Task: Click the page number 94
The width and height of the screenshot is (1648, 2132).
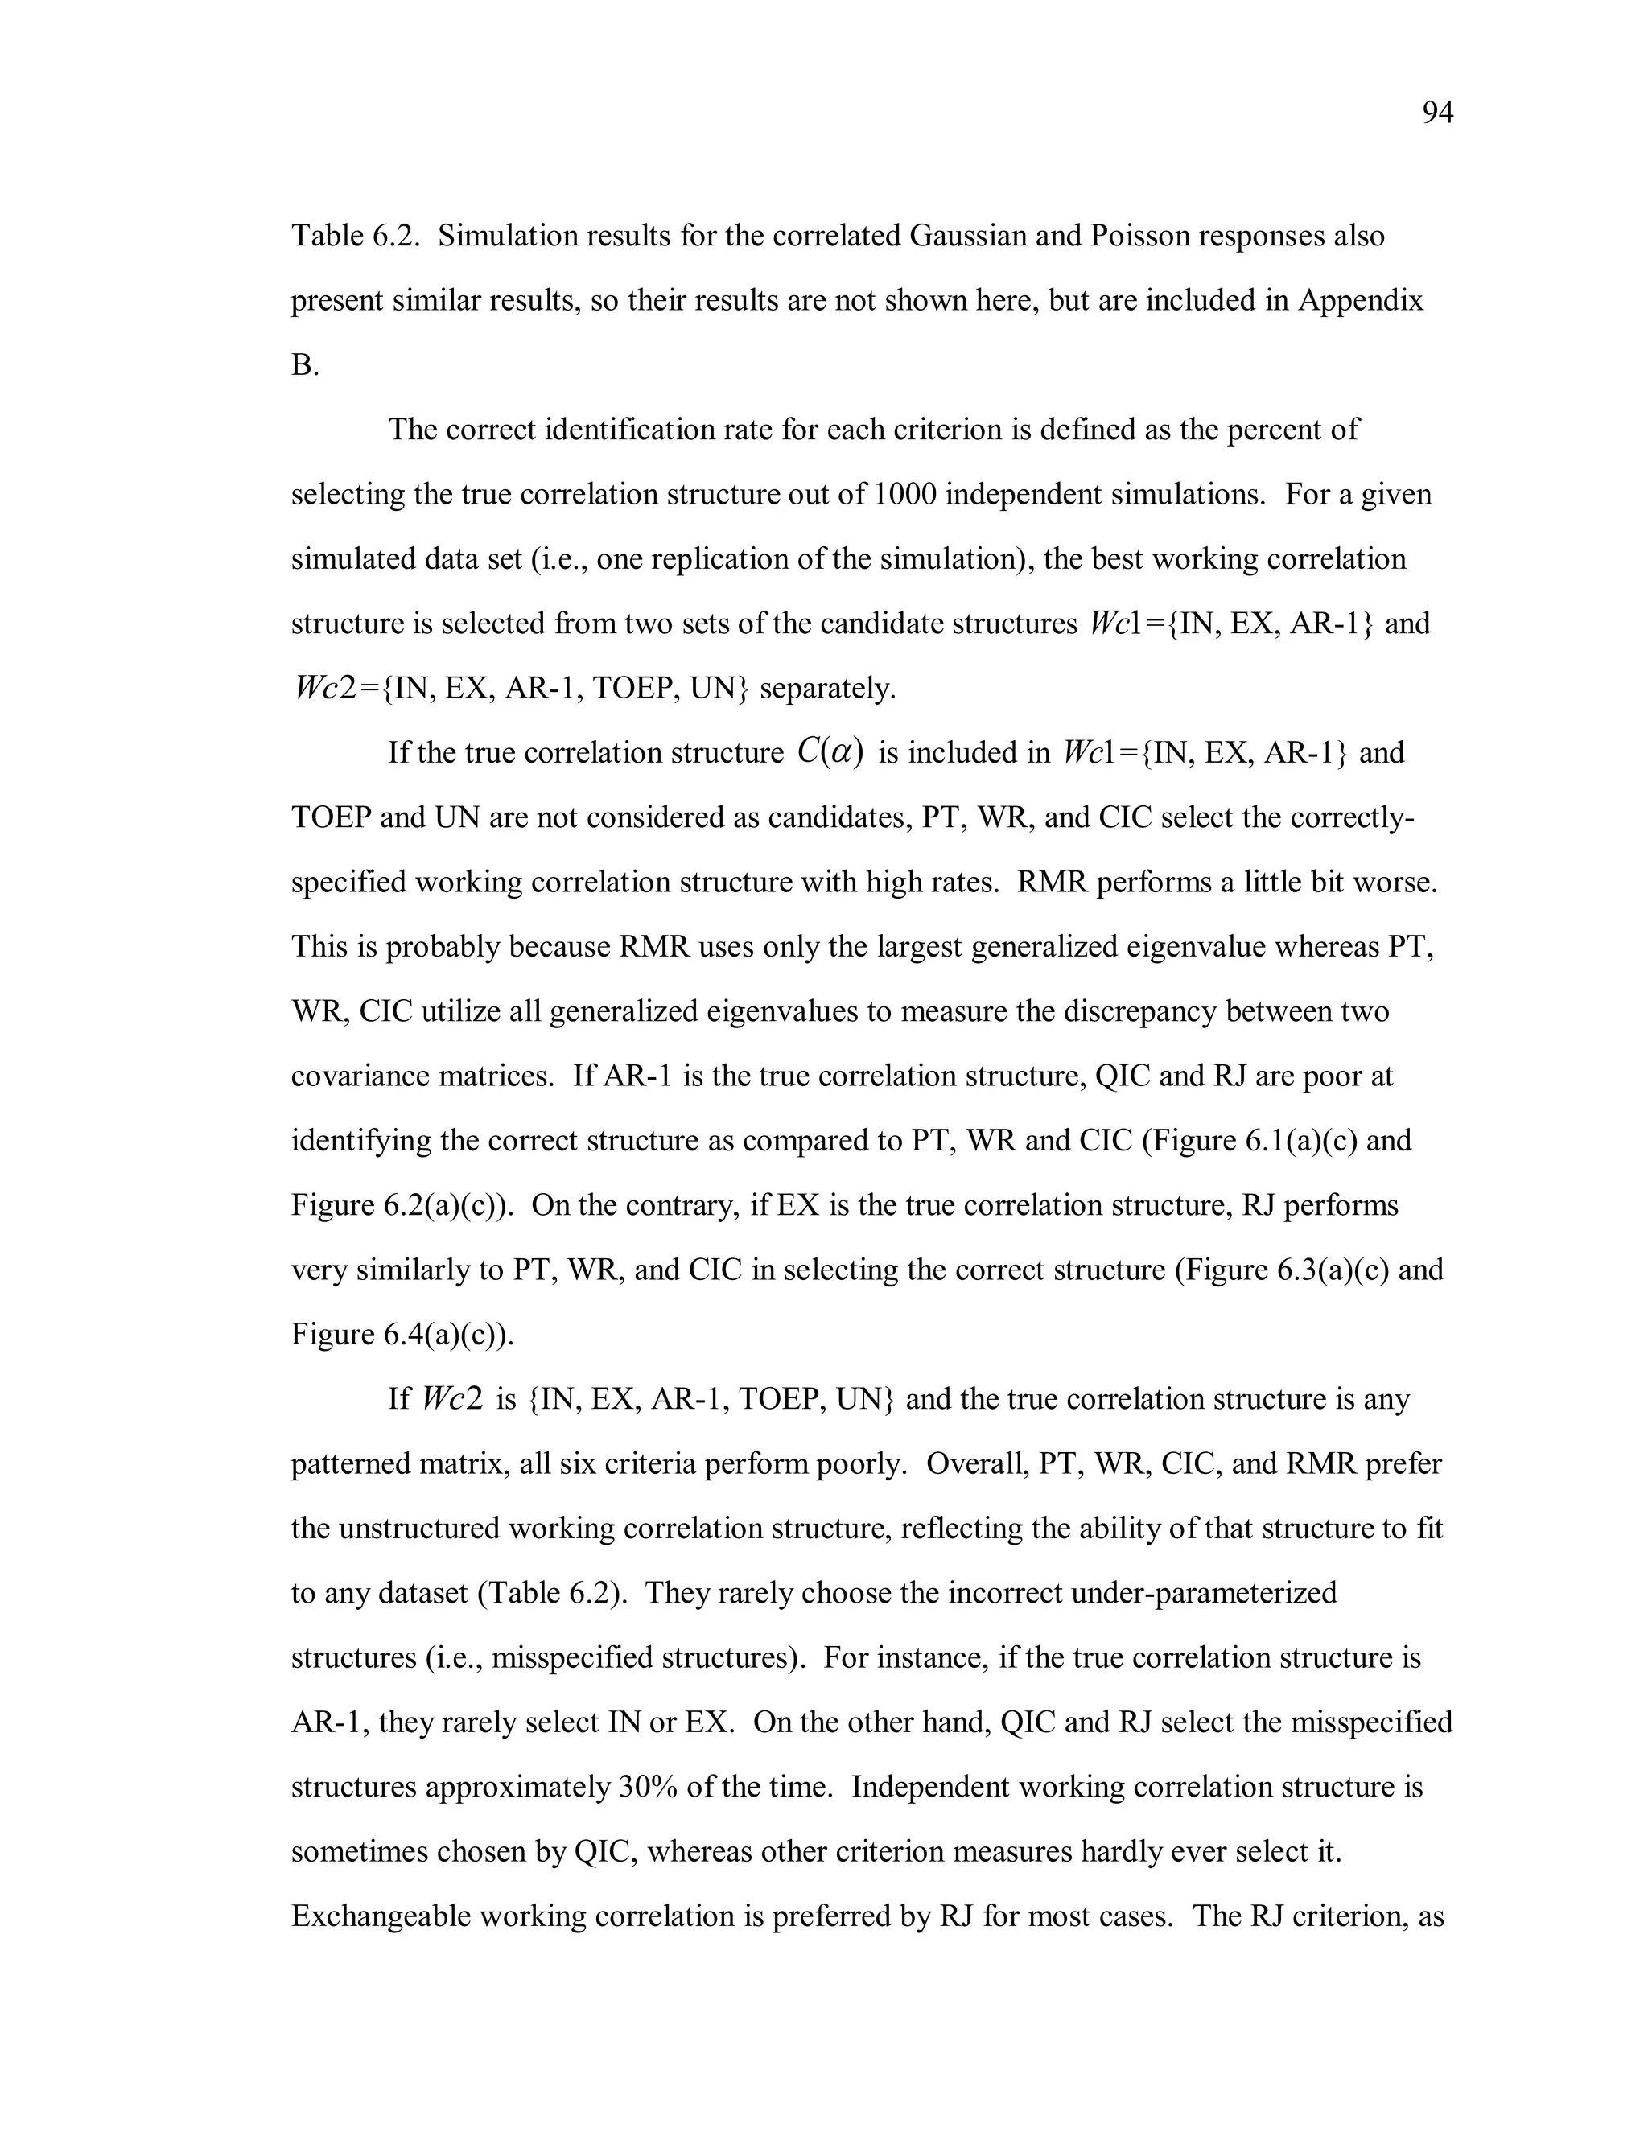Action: [1437, 114]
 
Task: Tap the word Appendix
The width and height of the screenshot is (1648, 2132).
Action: [1360, 301]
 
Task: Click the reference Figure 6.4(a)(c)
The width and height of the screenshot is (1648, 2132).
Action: [402, 1335]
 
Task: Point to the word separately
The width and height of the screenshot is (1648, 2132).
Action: [827, 689]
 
